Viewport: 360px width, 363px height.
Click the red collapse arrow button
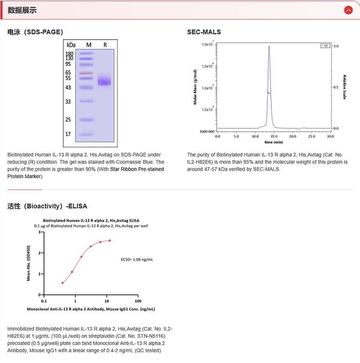click(x=348, y=10)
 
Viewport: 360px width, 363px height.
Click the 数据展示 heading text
click(x=22, y=10)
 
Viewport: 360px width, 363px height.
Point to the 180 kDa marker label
click(x=69, y=54)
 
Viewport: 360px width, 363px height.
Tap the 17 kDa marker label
click(x=68, y=134)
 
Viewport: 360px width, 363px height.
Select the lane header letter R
click(x=105, y=45)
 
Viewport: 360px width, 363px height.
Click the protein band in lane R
click(x=104, y=81)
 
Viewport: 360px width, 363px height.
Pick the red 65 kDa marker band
click(x=86, y=73)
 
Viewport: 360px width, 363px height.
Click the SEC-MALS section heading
click(x=204, y=32)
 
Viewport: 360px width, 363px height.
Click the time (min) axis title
click(x=274, y=142)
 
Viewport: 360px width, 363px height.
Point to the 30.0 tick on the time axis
click(x=330, y=136)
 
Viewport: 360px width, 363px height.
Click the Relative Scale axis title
click(x=344, y=87)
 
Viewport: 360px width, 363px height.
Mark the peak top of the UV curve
click(x=269, y=46)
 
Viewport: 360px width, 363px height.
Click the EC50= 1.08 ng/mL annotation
click(x=137, y=260)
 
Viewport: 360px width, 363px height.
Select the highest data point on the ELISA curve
click(x=109, y=240)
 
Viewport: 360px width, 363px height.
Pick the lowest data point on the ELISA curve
click(x=63, y=283)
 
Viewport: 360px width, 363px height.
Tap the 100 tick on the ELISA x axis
click(x=138, y=301)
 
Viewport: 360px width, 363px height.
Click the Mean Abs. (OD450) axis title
click(x=29, y=263)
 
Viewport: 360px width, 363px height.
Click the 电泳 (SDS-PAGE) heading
click(x=35, y=32)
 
